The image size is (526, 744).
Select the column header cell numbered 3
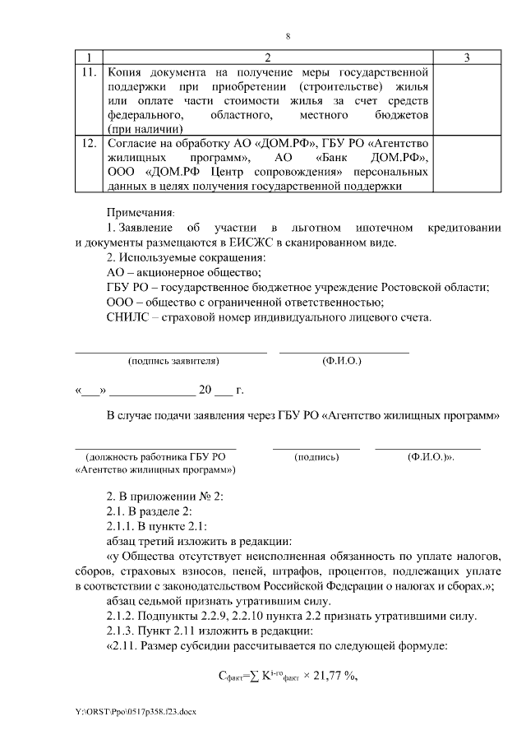click(x=466, y=58)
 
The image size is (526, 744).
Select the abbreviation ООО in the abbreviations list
click(x=122, y=302)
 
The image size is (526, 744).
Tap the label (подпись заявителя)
click(x=173, y=361)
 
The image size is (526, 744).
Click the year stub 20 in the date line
click(x=205, y=390)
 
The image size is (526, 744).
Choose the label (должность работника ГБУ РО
click(x=155, y=456)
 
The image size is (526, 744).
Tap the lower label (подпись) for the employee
click(x=316, y=456)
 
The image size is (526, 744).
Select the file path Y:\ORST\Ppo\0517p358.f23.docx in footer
click(x=139, y=709)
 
